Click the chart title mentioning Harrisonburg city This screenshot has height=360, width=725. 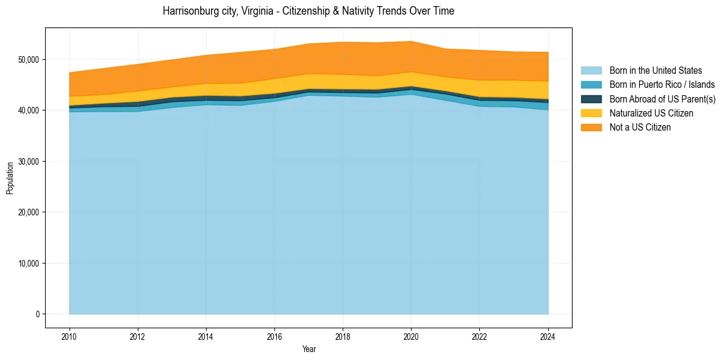point(308,11)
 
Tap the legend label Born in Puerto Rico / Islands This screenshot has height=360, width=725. point(662,85)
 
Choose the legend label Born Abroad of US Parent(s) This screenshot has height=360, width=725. point(662,99)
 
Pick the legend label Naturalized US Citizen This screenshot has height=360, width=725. point(651,113)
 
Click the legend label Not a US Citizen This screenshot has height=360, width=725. point(640,128)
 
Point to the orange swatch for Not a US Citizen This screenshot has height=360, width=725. point(591,128)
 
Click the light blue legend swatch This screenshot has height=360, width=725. point(591,71)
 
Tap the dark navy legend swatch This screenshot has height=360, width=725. point(591,99)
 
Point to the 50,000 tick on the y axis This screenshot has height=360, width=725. point(29,59)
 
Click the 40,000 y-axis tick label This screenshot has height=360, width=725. point(29,110)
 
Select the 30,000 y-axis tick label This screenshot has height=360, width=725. point(29,162)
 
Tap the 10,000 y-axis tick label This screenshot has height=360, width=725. point(29,264)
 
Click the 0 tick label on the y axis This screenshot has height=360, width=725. point(38,314)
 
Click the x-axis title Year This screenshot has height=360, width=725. point(309,349)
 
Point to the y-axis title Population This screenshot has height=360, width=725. point(10,178)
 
